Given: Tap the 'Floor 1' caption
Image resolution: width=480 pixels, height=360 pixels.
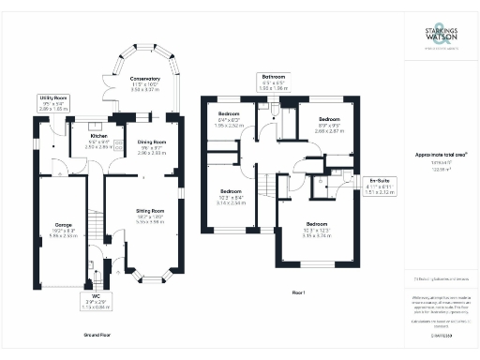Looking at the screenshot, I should (x=299, y=293).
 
